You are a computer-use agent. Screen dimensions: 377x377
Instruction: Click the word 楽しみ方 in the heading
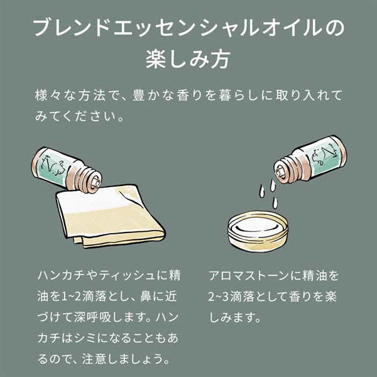point(188,59)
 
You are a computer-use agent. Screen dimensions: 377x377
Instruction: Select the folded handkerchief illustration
point(111,216)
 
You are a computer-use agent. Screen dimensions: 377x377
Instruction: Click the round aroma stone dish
point(258,231)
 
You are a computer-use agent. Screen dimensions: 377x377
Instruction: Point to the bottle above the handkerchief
point(67,170)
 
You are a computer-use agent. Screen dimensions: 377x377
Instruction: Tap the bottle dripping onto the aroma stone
point(310,159)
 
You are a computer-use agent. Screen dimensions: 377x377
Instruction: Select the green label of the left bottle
point(52,167)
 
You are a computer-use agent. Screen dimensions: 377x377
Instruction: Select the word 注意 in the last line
point(93,359)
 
